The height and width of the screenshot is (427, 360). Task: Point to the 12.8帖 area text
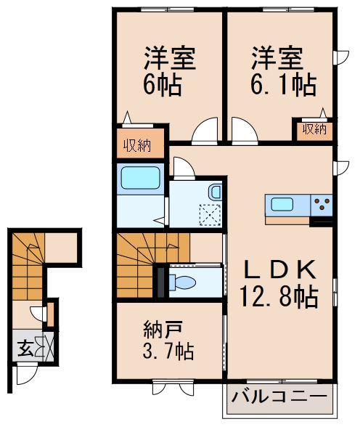(279, 296)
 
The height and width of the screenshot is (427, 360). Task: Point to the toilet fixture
(181, 282)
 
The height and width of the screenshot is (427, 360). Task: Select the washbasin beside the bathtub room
(215, 192)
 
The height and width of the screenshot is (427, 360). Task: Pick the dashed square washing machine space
(209, 214)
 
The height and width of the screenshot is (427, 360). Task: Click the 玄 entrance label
(22, 345)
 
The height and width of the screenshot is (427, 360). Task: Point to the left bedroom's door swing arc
(204, 131)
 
